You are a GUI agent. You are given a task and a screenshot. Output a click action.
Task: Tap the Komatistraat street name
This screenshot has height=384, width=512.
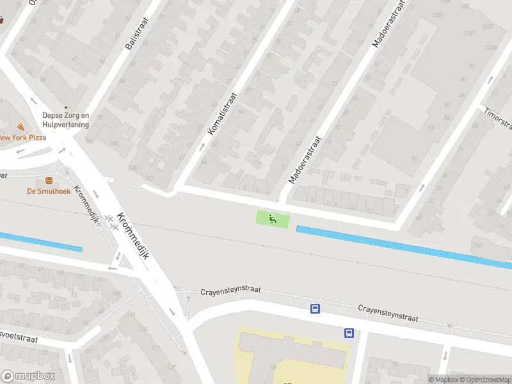pyautogui.click(x=223, y=113)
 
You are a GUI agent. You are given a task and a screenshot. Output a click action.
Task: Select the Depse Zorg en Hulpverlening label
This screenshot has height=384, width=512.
pyautogui.click(x=65, y=120)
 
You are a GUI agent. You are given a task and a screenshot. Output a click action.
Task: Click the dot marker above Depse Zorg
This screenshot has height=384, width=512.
pyautogui.click(x=65, y=108)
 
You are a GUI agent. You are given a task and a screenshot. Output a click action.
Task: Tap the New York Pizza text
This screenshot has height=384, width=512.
pyautogui.click(x=23, y=138)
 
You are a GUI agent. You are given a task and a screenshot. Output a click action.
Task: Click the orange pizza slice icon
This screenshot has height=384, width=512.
pyautogui.click(x=21, y=127)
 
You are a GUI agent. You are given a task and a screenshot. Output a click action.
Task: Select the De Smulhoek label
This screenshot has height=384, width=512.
pyautogui.click(x=49, y=191)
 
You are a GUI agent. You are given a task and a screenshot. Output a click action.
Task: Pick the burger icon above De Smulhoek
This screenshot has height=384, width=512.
pyautogui.click(x=49, y=180)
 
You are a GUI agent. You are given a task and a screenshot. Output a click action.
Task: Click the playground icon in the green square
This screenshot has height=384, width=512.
pyautogui.click(x=273, y=219)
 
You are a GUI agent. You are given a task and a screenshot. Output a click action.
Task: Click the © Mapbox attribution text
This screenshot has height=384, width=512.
pyautogui.click(x=445, y=380)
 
